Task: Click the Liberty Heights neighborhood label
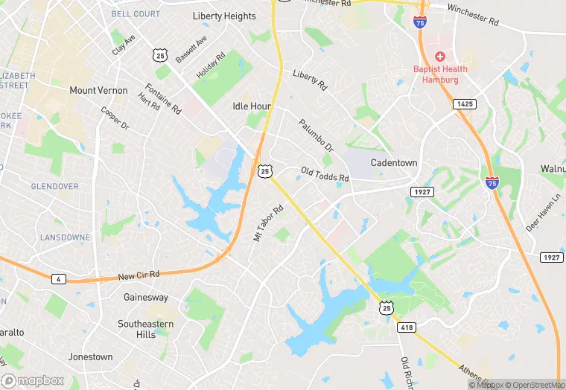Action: click(223, 16)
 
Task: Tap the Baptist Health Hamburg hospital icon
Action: click(440, 57)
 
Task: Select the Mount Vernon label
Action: click(98, 90)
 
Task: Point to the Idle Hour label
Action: click(252, 106)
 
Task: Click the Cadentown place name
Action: click(395, 163)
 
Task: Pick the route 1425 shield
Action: click(465, 105)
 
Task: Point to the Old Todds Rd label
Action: click(325, 175)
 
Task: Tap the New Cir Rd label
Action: click(139, 275)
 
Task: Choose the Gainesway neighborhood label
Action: click(146, 297)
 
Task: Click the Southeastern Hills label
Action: click(146, 329)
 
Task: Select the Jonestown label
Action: click(90, 357)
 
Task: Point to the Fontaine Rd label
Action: click(163, 98)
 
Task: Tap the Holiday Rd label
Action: click(210, 67)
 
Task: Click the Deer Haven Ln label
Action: click(542, 214)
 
